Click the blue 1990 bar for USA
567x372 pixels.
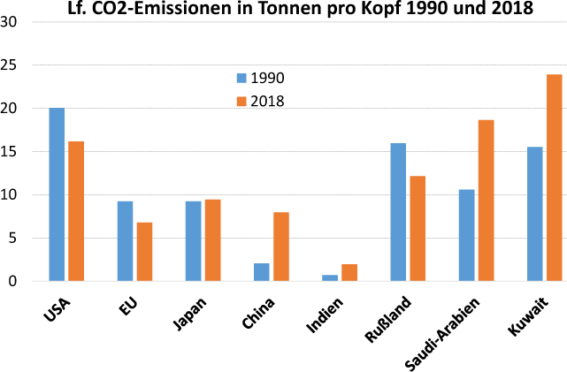(57, 194)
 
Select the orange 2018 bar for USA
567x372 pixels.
(76, 211)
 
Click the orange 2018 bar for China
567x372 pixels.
(281, 247)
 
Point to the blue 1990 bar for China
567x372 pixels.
(262, 272)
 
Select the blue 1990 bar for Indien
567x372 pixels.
(330, 277)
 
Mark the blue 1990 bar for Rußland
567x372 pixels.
(398, 212)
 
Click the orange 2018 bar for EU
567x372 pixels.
(144, 252)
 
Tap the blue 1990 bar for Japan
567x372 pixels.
(193, 241)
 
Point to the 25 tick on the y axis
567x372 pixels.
(11, 65)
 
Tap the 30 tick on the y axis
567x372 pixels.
(11, 22)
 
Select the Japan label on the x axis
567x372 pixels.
(188, 315)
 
